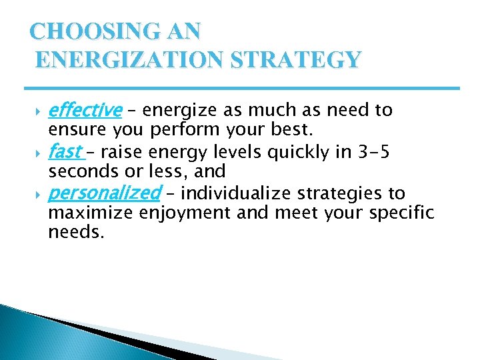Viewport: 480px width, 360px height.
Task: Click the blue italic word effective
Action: pyautogui.click(x=85, y=109)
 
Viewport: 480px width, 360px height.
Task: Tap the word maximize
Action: pyautogui.click(x=91, y=213)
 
